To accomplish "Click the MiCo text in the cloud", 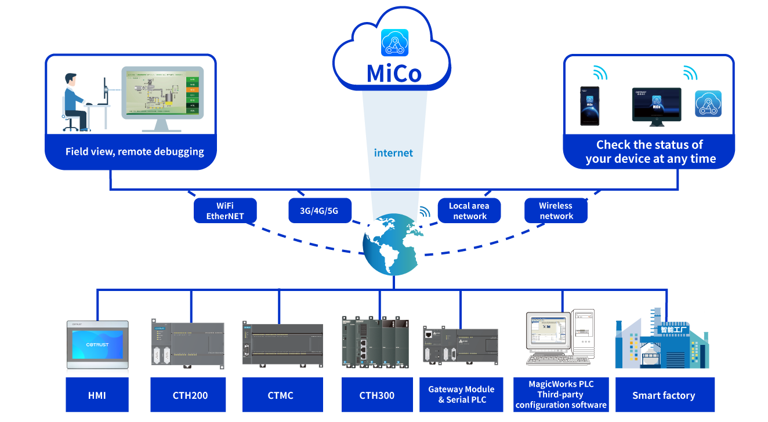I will coord(394,72).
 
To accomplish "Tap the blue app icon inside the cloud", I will coord(394,42).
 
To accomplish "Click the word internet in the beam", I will coord(393,153).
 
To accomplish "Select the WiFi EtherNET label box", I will coord(225,211).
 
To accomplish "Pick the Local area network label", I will coord(469,211).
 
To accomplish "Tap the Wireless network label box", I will coord(556,211).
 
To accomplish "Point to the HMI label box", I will coord(97,395).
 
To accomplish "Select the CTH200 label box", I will coord(190,395).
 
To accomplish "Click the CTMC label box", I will coord(281,395).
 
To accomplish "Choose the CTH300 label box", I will coord(376,395).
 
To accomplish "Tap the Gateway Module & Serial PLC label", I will coord(461,394).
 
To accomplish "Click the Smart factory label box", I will coord(664,395).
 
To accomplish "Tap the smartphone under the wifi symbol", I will coord(590,106).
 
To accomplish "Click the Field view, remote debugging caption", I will coord(135,152).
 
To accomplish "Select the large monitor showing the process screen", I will coord(162,93).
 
